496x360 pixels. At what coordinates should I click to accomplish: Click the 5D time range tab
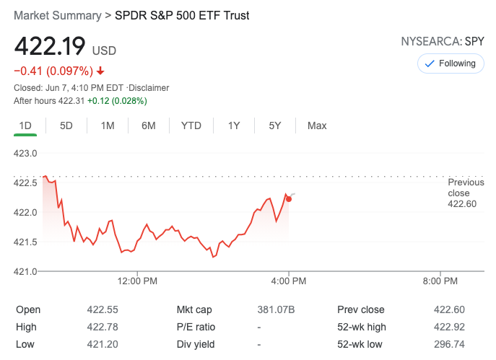(x=66, y=126)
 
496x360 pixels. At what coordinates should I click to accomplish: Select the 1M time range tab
(x=108, y=126)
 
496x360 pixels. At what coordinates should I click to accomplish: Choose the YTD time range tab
(x=191, y=126)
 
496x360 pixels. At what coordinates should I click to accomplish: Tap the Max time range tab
(x=317, y=126)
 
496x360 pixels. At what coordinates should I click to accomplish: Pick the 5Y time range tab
(x=275, y=126)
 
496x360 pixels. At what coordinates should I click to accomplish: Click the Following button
(x=451, y=63)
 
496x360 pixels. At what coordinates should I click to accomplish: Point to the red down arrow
(x=100, y=71)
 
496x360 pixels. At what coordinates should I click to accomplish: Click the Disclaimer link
(x=149, y=88)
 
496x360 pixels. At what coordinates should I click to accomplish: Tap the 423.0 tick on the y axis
(x=26, y=153)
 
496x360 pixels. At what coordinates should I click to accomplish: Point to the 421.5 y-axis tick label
(x=26, y=242)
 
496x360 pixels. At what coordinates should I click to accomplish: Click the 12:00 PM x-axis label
(x=137, y=281)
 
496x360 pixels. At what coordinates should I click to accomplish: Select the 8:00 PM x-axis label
(x=440, y=281)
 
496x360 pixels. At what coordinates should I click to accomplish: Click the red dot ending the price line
(x=289, y=198)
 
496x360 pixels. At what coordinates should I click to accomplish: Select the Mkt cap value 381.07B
(x=276, y=309)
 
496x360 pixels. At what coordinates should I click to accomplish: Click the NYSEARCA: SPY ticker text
(x=442, y=42)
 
